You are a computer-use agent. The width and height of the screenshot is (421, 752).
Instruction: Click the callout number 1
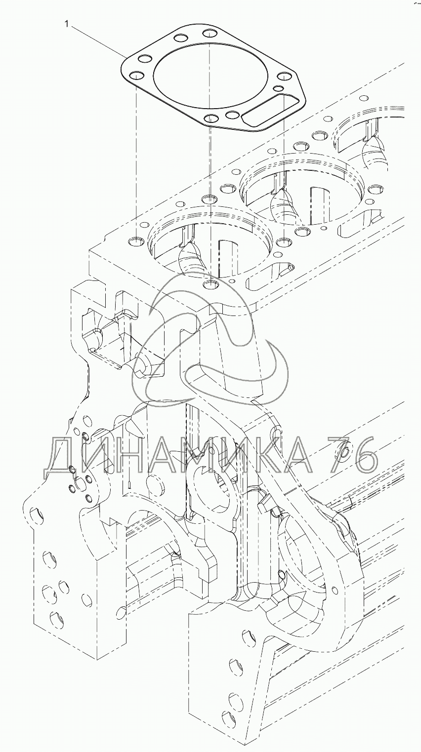(x=67, y=24)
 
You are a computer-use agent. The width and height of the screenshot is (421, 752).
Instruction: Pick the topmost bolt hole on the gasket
(x=210, y=33)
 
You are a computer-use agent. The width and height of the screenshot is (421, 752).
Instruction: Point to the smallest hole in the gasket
(x=279, y=88)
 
